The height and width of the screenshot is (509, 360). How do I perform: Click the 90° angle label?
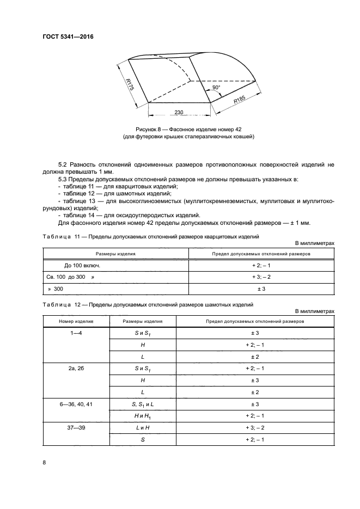216,87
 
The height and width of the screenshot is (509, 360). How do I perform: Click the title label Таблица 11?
61,237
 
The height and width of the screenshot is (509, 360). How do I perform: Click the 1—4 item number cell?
76,333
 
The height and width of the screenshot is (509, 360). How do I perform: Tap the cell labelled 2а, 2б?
76,369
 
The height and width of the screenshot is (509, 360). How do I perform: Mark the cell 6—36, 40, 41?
76,404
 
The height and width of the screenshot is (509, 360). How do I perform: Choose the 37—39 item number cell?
76,428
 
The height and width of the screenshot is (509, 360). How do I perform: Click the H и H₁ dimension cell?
142,416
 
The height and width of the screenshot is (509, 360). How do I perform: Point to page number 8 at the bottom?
44,463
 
